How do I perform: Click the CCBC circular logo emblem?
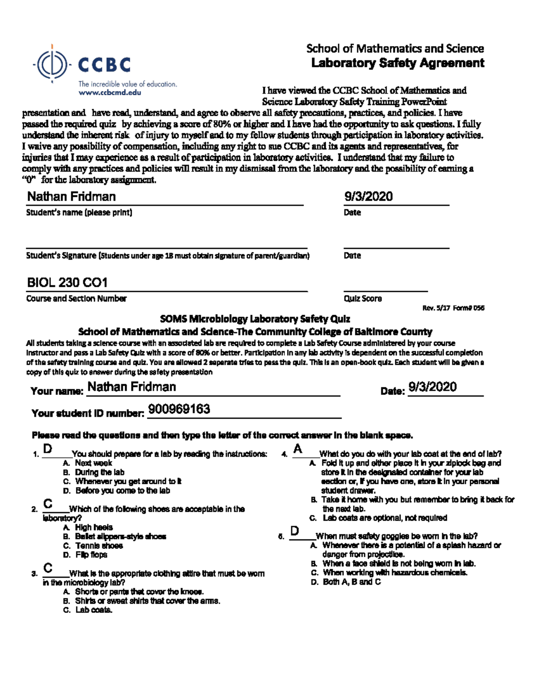click(x=53, y=64)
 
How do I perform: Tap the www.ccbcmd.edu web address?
click(x=110, y=92)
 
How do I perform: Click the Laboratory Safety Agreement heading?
click(x=398, y=63)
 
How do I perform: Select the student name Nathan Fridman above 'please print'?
click(x=71, y=197)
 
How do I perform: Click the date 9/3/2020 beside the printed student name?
click(x=368, y=197)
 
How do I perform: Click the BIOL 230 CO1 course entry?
click(x=67, y=282)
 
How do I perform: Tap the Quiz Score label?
click(x=362, y=298)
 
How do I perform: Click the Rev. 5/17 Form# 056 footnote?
click(x=453, y=308)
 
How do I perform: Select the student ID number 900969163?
click(x=179, y=409)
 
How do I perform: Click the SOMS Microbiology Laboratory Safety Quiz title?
click(x=255, y=319)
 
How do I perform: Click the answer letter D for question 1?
click(x=48, y=449)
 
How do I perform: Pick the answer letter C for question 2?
click(x=48, y=504)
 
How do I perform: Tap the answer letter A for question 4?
click(x=297, y=449)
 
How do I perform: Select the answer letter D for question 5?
click(x=295, y=531)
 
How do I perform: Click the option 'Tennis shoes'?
click(x=99, y=546)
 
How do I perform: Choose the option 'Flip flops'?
click(x=91, y=555)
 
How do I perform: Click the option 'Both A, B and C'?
click(x=352, y=582)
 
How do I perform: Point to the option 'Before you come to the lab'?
click(x=123, y=491)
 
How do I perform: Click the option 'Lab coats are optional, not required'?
click(x=385, y=518)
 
